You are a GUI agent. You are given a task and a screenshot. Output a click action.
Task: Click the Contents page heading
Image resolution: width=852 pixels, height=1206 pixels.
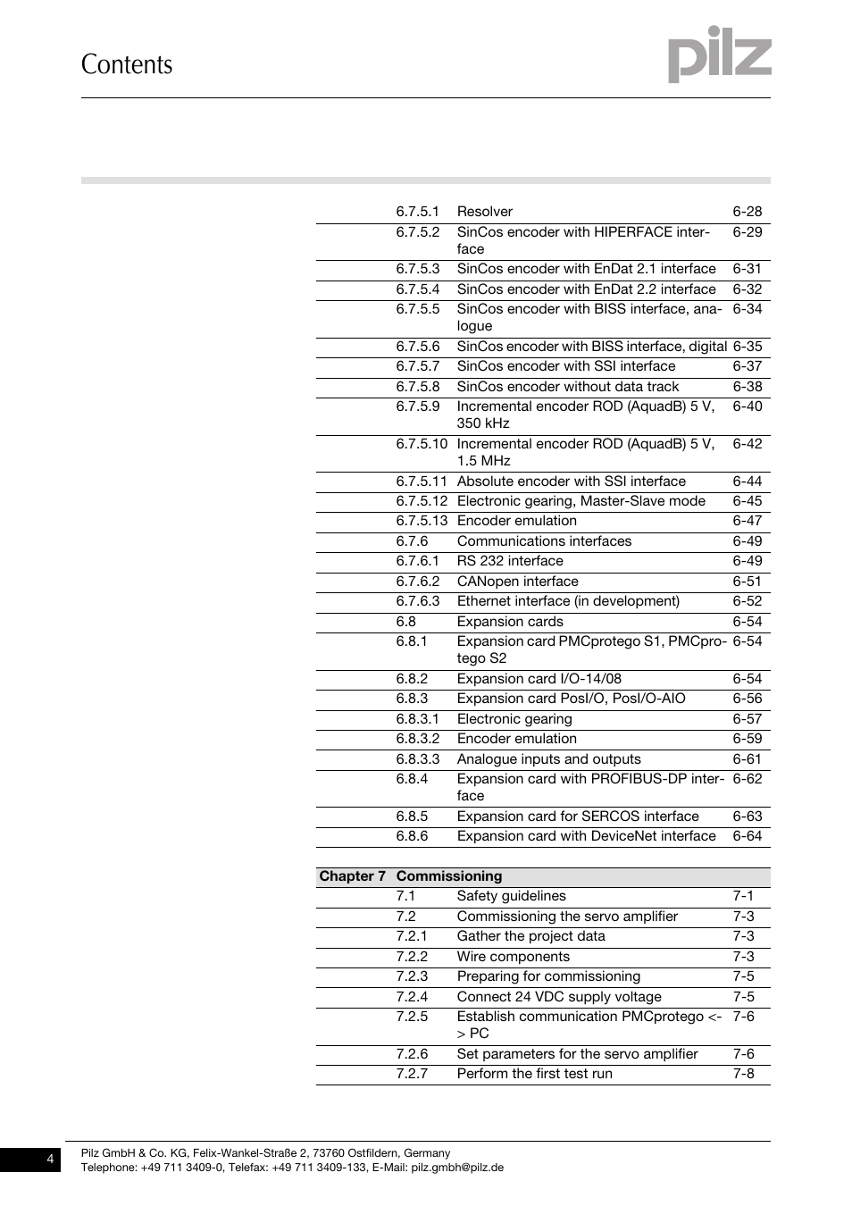click(127, 64)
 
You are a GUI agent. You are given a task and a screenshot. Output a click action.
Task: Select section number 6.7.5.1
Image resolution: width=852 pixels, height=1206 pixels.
click(418, 212)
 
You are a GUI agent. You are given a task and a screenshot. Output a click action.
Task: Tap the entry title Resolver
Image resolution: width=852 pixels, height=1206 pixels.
click(484, 212)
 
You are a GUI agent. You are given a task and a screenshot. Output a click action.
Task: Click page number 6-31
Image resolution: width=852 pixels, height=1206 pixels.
click(748, 269)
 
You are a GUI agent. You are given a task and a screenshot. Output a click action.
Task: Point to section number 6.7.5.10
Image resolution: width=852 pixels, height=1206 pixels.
click(422, 444)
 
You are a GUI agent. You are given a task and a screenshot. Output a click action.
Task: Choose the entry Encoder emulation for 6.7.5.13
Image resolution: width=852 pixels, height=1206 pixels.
click(516, 521)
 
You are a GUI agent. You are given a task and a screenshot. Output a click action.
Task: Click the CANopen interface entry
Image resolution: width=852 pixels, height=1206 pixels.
click(517, 582)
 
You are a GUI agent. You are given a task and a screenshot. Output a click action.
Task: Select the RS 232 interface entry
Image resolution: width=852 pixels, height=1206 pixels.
click(510, 561)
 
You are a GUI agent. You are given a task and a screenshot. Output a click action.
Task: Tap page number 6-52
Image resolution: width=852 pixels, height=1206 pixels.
click(748, 601)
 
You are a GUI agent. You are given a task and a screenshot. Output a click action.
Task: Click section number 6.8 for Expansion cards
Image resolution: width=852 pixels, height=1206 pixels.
click(406, 622)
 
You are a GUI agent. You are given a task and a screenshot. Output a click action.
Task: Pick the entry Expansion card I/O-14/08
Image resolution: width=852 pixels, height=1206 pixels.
click(539, 679)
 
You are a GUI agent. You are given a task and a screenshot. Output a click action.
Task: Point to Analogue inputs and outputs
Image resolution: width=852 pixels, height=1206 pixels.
click(548, 759)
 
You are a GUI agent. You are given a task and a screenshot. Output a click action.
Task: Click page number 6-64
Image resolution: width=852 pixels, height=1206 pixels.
click(748, 836)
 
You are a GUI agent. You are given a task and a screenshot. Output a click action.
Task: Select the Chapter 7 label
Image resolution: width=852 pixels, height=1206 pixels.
click(352, 876)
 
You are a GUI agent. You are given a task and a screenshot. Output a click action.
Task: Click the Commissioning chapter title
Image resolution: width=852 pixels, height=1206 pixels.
click(449, 876)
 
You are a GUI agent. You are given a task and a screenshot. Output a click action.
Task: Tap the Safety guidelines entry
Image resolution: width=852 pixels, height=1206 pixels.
click(511, 896)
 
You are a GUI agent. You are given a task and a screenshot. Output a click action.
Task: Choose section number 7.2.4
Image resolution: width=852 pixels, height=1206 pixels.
click(412, 997)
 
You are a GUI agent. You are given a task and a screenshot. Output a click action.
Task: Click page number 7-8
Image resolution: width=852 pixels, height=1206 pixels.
click(744, 1074)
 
